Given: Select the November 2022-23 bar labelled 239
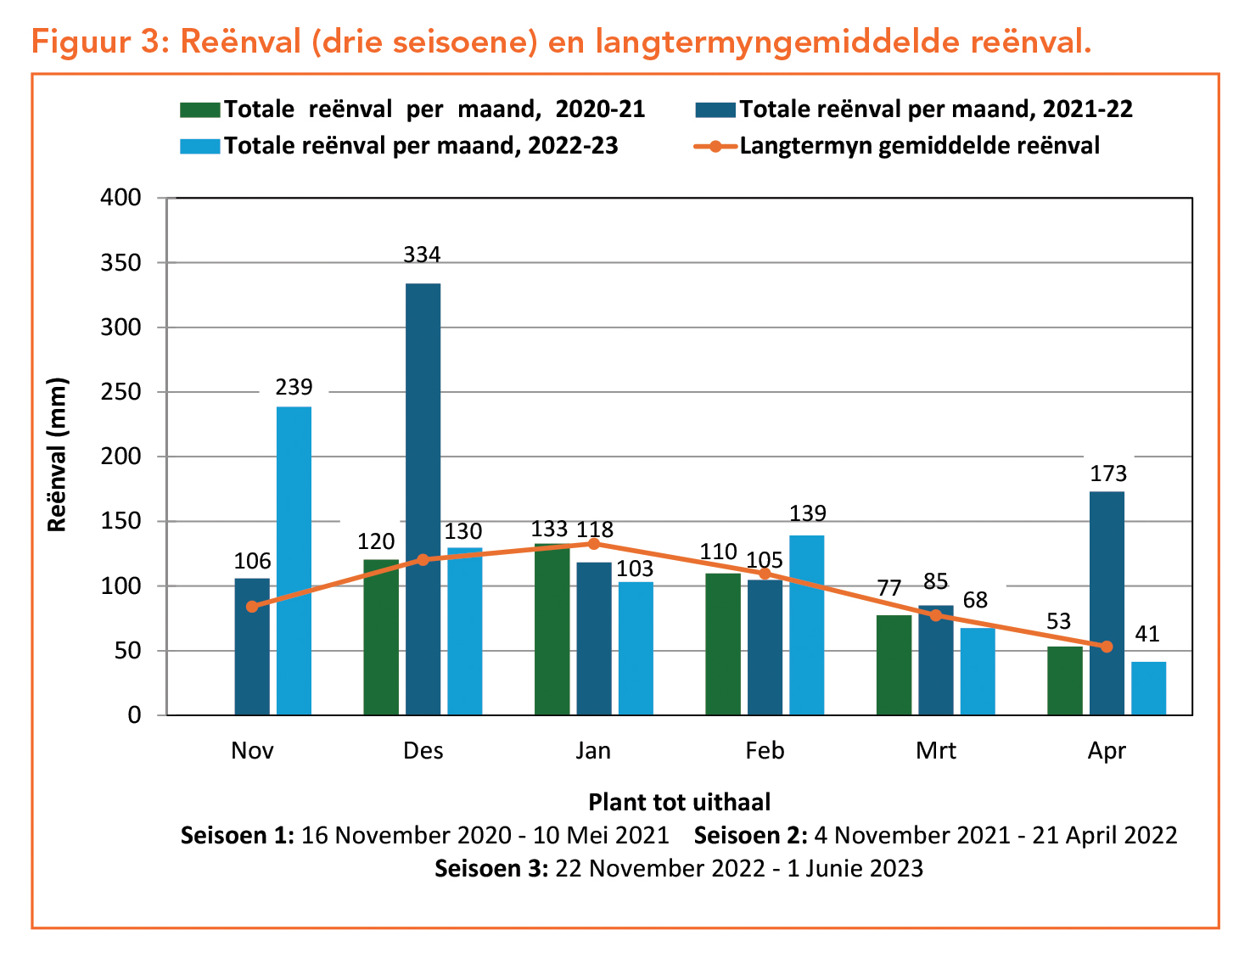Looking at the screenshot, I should point(294,561).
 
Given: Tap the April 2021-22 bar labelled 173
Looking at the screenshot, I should point(1107,603).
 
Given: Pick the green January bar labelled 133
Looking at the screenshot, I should point(552,629).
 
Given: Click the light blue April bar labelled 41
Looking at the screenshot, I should point(1148,688).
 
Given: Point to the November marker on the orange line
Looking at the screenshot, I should point(252,606).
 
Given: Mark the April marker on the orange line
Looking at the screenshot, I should point(1107,647).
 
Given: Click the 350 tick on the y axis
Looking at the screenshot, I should point(121,262).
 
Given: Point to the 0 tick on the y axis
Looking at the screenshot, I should point(134,715).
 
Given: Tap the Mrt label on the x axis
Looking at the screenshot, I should point(935,751).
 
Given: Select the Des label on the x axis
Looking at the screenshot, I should point(423,751).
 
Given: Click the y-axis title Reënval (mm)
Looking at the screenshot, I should point(57,455).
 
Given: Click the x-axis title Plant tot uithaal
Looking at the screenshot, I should point(679,802).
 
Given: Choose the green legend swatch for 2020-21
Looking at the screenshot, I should point(199,109).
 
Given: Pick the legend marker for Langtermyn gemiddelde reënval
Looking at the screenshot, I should point(715,146).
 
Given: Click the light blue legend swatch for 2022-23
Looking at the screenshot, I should point(199,146).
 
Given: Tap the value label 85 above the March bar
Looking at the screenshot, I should point(935,582).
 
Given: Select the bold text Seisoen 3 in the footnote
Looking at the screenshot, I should point(490,868).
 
